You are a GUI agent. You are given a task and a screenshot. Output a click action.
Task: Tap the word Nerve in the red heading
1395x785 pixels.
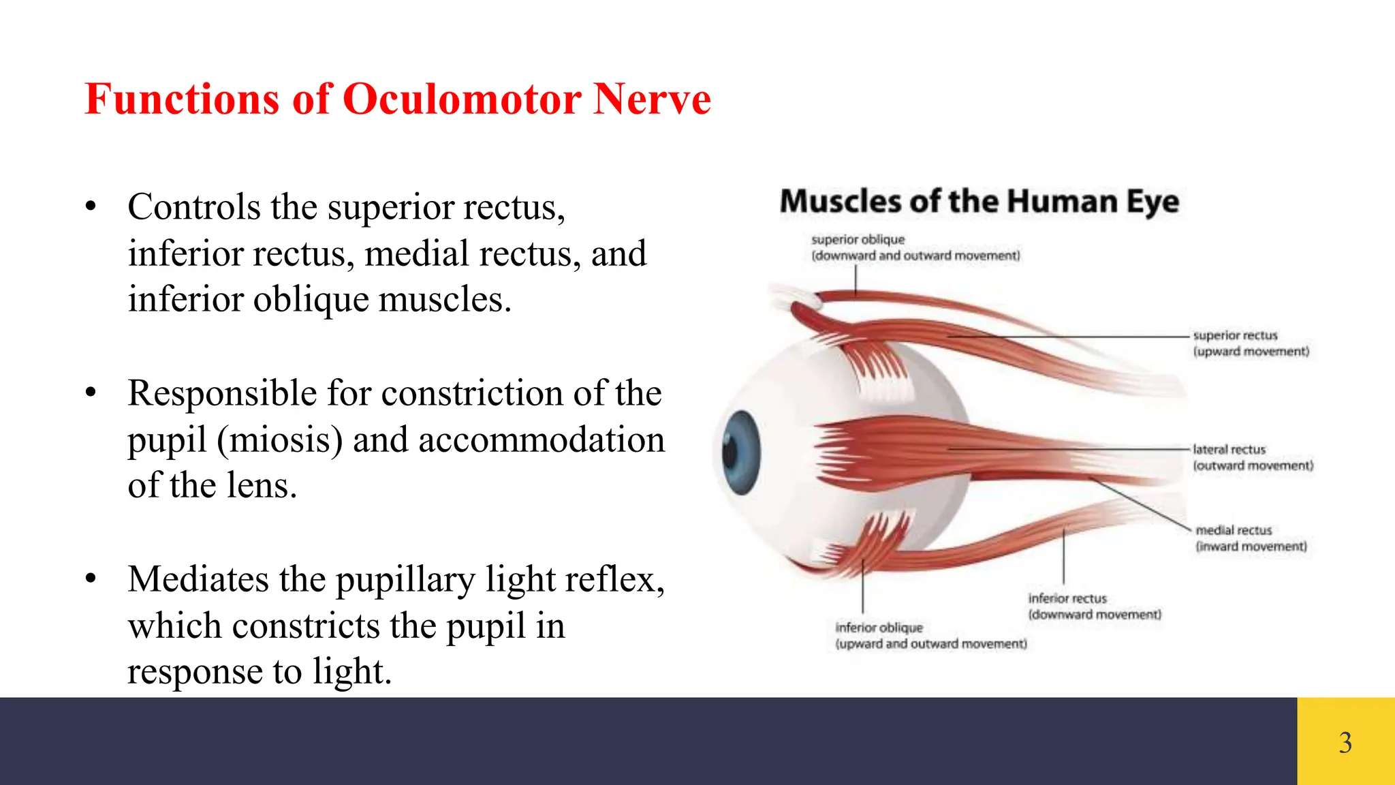point(652,99)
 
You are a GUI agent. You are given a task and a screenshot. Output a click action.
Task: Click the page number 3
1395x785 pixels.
point(1345,742)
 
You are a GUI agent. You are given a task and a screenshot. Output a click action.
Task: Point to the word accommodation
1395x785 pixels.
point(541,440)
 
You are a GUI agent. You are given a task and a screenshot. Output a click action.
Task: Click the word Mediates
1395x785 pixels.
point(191,580)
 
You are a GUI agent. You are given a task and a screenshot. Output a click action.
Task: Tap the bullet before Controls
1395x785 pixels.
point(91,206)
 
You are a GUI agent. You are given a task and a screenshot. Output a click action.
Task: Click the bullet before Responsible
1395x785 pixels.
point(91,393)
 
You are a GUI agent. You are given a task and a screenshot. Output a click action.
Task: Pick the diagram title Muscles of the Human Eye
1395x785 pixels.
point(979,202)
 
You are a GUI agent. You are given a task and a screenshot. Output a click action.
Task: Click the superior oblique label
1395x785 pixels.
point(858,240)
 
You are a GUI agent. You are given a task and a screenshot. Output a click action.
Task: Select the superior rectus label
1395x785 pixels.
point(1235,335)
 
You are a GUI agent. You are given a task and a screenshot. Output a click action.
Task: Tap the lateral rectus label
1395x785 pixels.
point(1229,450)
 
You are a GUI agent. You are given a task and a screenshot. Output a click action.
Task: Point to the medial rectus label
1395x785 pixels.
point(1234,530)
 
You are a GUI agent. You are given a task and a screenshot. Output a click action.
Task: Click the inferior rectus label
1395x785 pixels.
point(1067,598)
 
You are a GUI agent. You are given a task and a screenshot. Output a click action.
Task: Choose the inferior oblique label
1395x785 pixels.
point(879,628)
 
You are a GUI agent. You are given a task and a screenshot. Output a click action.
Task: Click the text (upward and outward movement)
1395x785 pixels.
point(930,644)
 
